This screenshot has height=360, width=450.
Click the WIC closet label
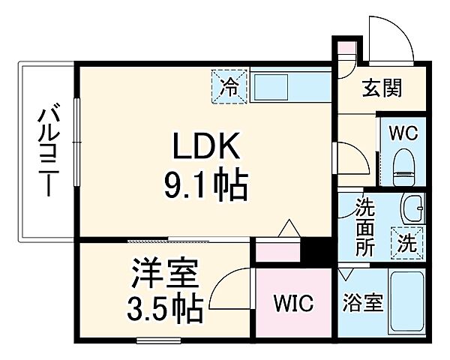293,304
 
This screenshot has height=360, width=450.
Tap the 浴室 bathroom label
364,304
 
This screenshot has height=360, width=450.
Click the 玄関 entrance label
382,89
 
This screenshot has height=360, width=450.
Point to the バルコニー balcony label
48,150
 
